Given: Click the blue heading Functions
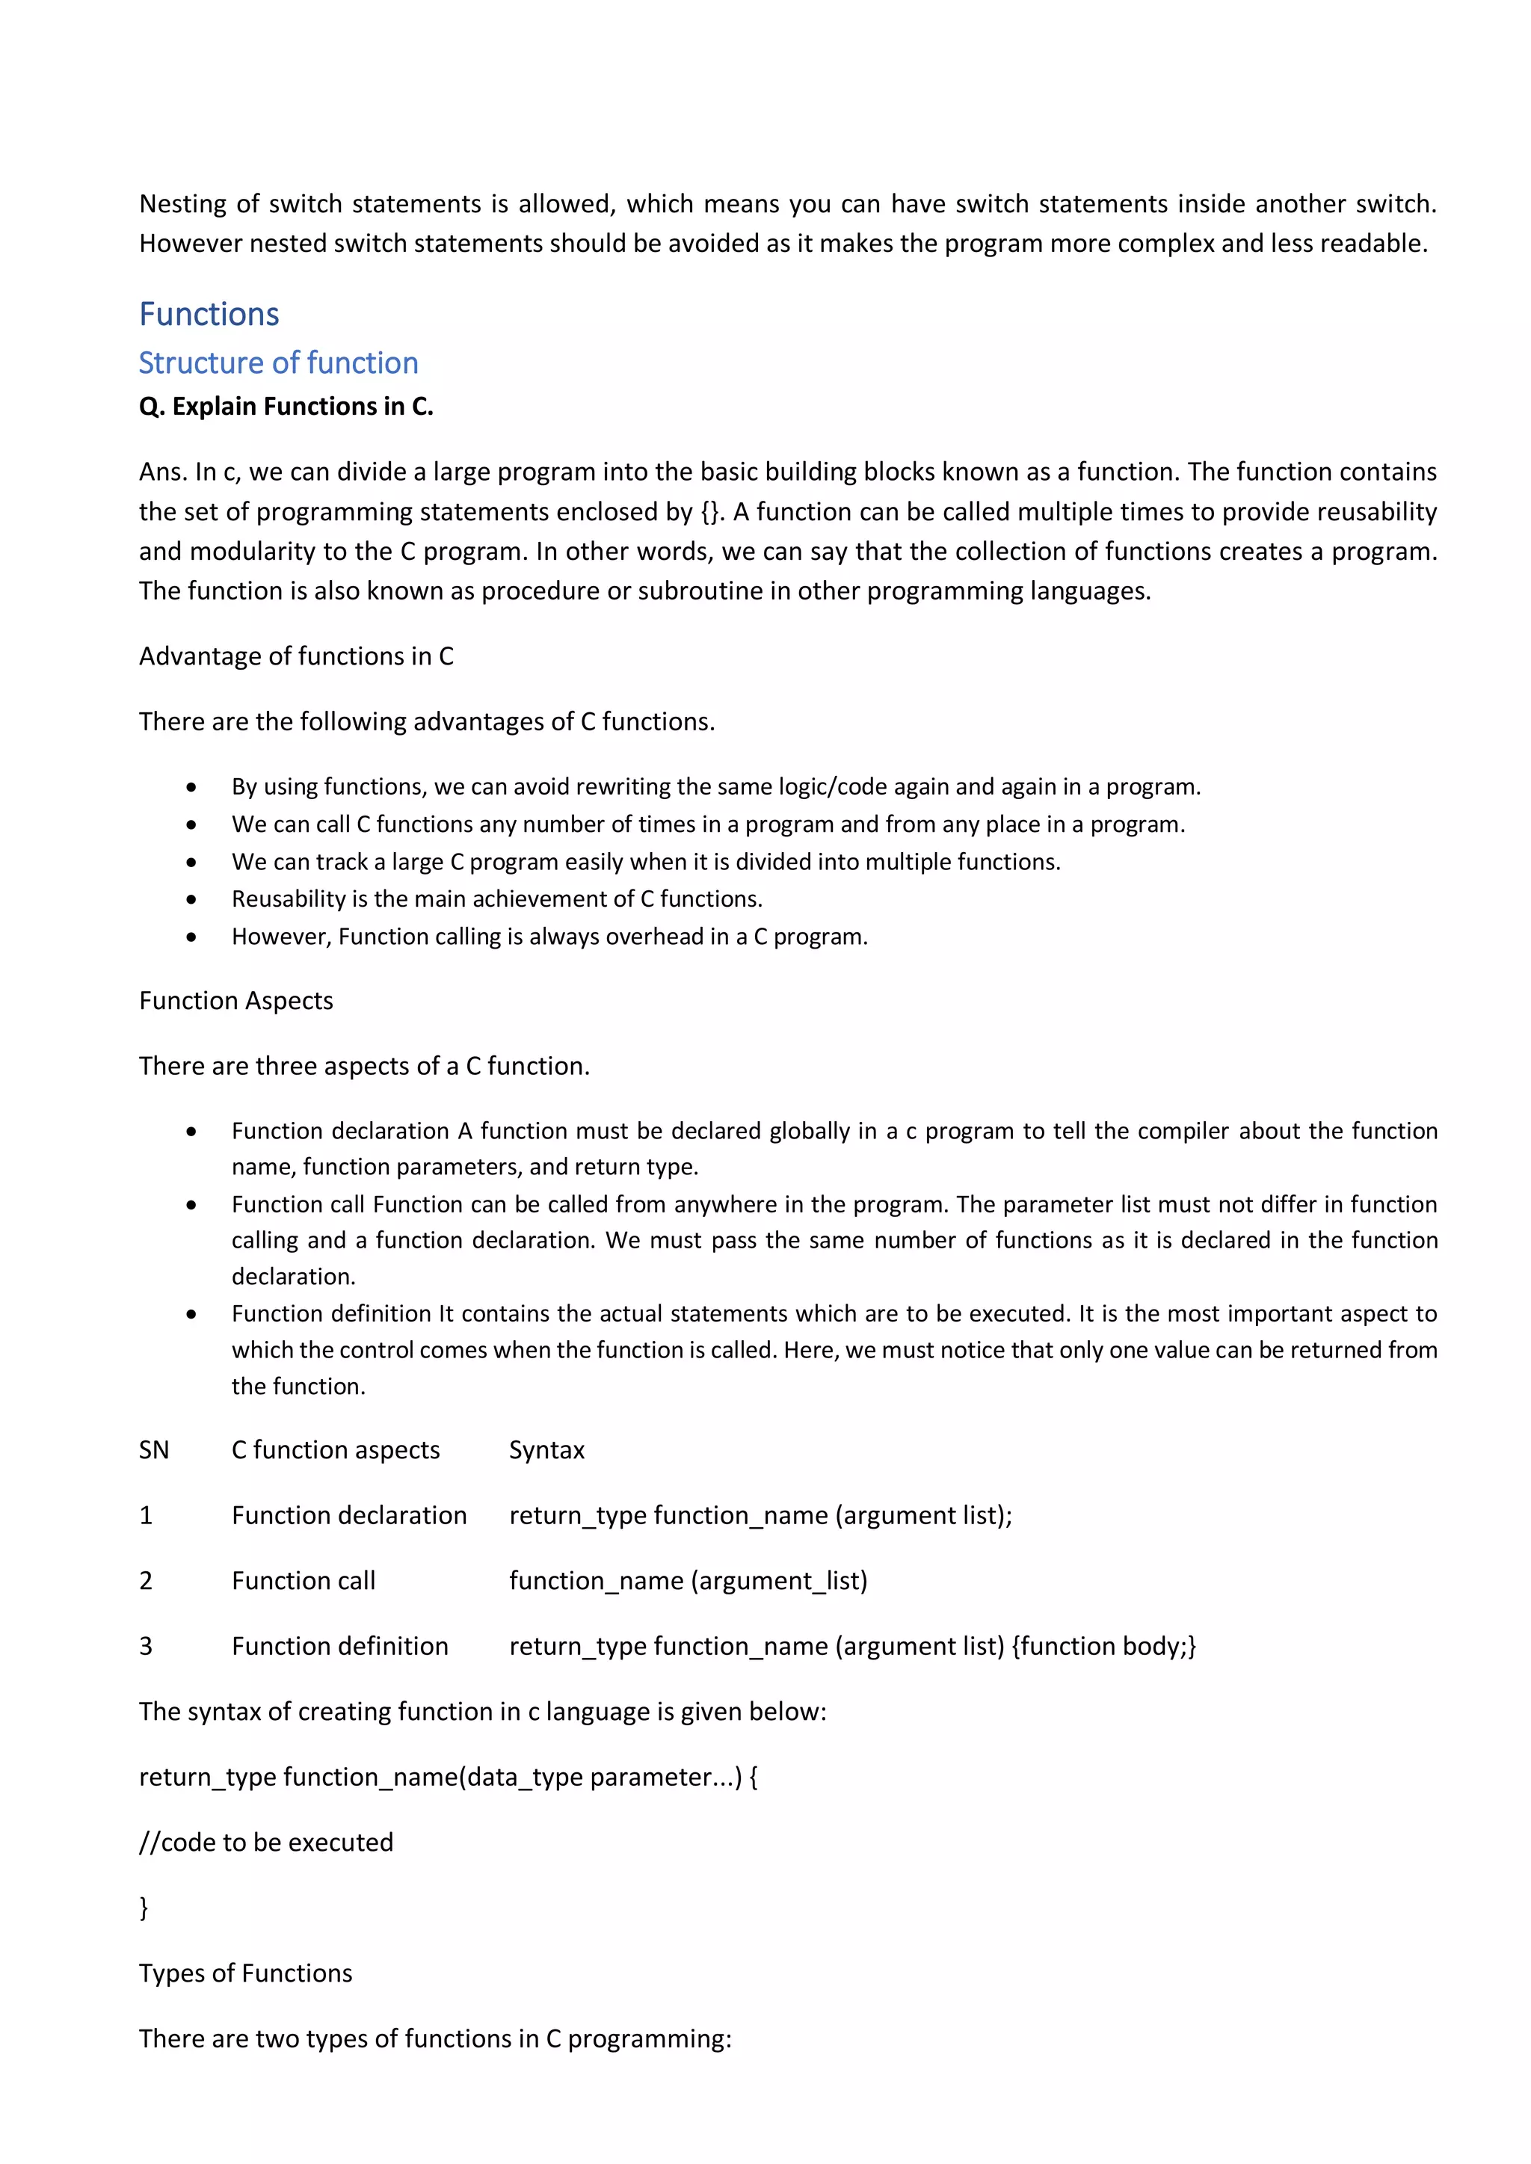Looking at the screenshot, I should tap(209, 314).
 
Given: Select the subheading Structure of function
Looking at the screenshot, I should tap(278, 363).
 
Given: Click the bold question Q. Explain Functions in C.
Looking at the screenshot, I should tap(286, 406).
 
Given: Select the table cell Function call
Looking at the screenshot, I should tap(303, 1581).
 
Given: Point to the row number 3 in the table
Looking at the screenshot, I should tap(145, 1646).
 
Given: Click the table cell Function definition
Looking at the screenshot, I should tap(339, 1646).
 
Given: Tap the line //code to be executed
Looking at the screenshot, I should tap(266, 1842).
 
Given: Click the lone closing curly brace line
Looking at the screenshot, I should tap(144, 1908).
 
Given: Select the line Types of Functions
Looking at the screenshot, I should tap(245, 1973).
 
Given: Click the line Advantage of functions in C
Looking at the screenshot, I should tap(296, 656).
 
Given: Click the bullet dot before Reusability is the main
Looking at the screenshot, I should tap(191, 900).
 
